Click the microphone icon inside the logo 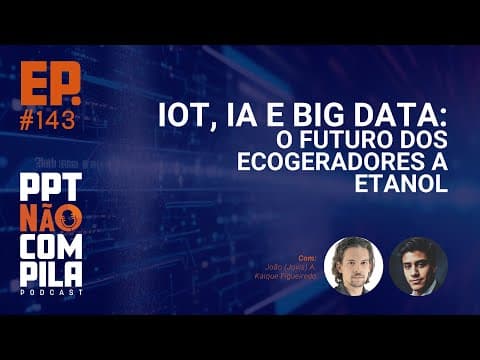(x=67, y=219)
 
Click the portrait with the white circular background (x=354, y=267)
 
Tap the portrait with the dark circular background (x=418, y=267)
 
